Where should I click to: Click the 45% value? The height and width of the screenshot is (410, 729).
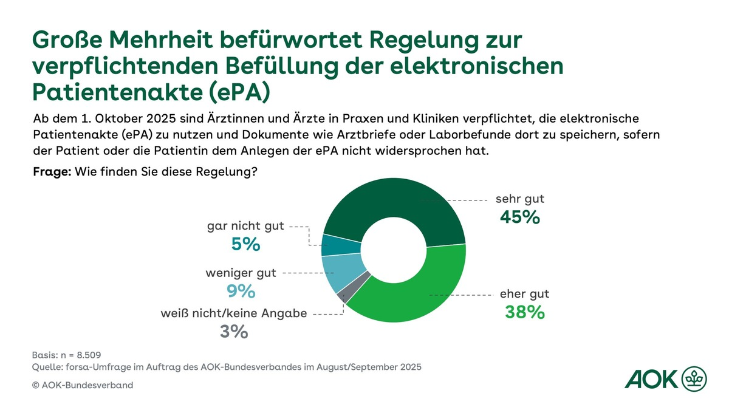(x=519, y=217)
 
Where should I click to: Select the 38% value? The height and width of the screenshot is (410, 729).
(x=525, y=312)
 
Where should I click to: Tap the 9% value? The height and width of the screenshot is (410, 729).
(x=241, y=292)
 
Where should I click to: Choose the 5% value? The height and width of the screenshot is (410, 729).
(x=245, y=244)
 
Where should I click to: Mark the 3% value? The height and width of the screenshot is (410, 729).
(x=234, y=332)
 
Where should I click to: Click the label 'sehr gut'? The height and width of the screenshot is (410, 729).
(x=520, y=199)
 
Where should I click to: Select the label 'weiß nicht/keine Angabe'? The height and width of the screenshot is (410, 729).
(x=234, y=313)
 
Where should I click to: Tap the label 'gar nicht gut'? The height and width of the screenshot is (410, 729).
(x=245, y=226)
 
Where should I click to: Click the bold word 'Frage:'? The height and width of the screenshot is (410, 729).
(x=52, y=172)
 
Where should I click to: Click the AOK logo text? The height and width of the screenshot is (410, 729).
(x=651, y=380)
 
